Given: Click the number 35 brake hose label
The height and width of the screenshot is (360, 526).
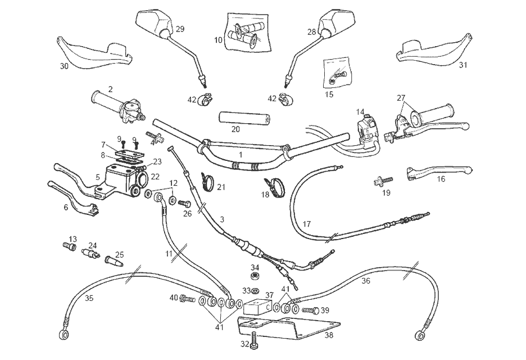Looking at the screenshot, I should coord(88,298).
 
